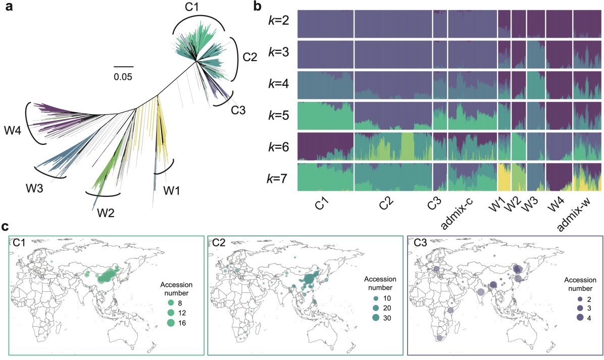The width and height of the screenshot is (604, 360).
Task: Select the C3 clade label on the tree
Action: pyautogui.click(x=237, y=109)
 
